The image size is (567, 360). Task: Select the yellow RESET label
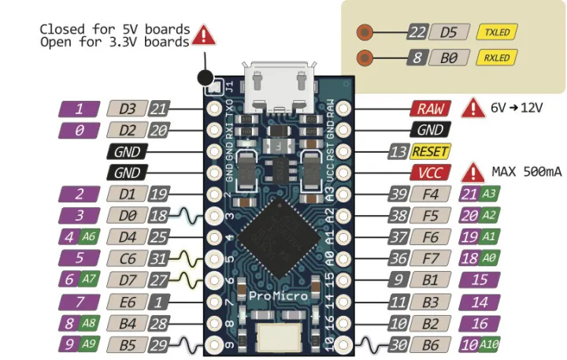(x=430, y=151)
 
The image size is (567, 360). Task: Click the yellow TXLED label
(x=496, y=32)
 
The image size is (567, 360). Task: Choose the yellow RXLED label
(x=496, y=58)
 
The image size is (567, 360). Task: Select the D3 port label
(x=127, y=109)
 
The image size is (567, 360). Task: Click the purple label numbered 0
(x=79, y=129)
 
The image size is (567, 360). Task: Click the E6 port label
(x=127, y=301)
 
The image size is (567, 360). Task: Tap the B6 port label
(x=429, y=344)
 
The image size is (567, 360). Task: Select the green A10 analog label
(x=489, y=344)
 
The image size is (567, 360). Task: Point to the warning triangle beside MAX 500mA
(x=475, y=172)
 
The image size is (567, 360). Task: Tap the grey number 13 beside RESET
(x=398, y=151)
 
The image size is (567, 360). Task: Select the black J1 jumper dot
(x=206, y=77)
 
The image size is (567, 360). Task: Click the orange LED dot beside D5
(x=364, y=32)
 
